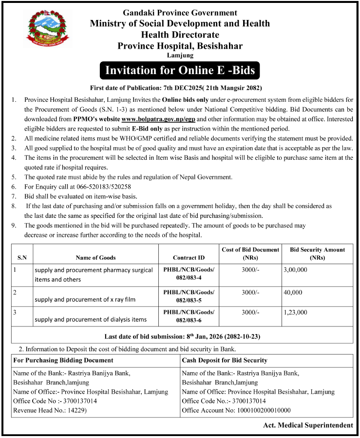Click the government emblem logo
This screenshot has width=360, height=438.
[x=45, y=32]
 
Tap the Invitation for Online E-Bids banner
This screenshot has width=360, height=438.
[x=180, y=71]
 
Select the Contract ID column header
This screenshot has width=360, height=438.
[x=189, y=257]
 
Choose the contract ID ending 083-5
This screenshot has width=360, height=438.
[x=189, y=296]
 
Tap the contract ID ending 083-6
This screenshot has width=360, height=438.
[x=189, y=316]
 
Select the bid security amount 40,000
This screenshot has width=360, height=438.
[x=293, y=292]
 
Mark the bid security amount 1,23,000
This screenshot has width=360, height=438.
[x=295, y=312]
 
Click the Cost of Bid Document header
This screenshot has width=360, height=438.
[x=250, y=253]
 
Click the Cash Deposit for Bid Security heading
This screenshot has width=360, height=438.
[x=224, y=360]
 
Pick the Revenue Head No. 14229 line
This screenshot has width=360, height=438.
[x=46, y=410]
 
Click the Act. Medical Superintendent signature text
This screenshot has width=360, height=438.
[x=308, y=425]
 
